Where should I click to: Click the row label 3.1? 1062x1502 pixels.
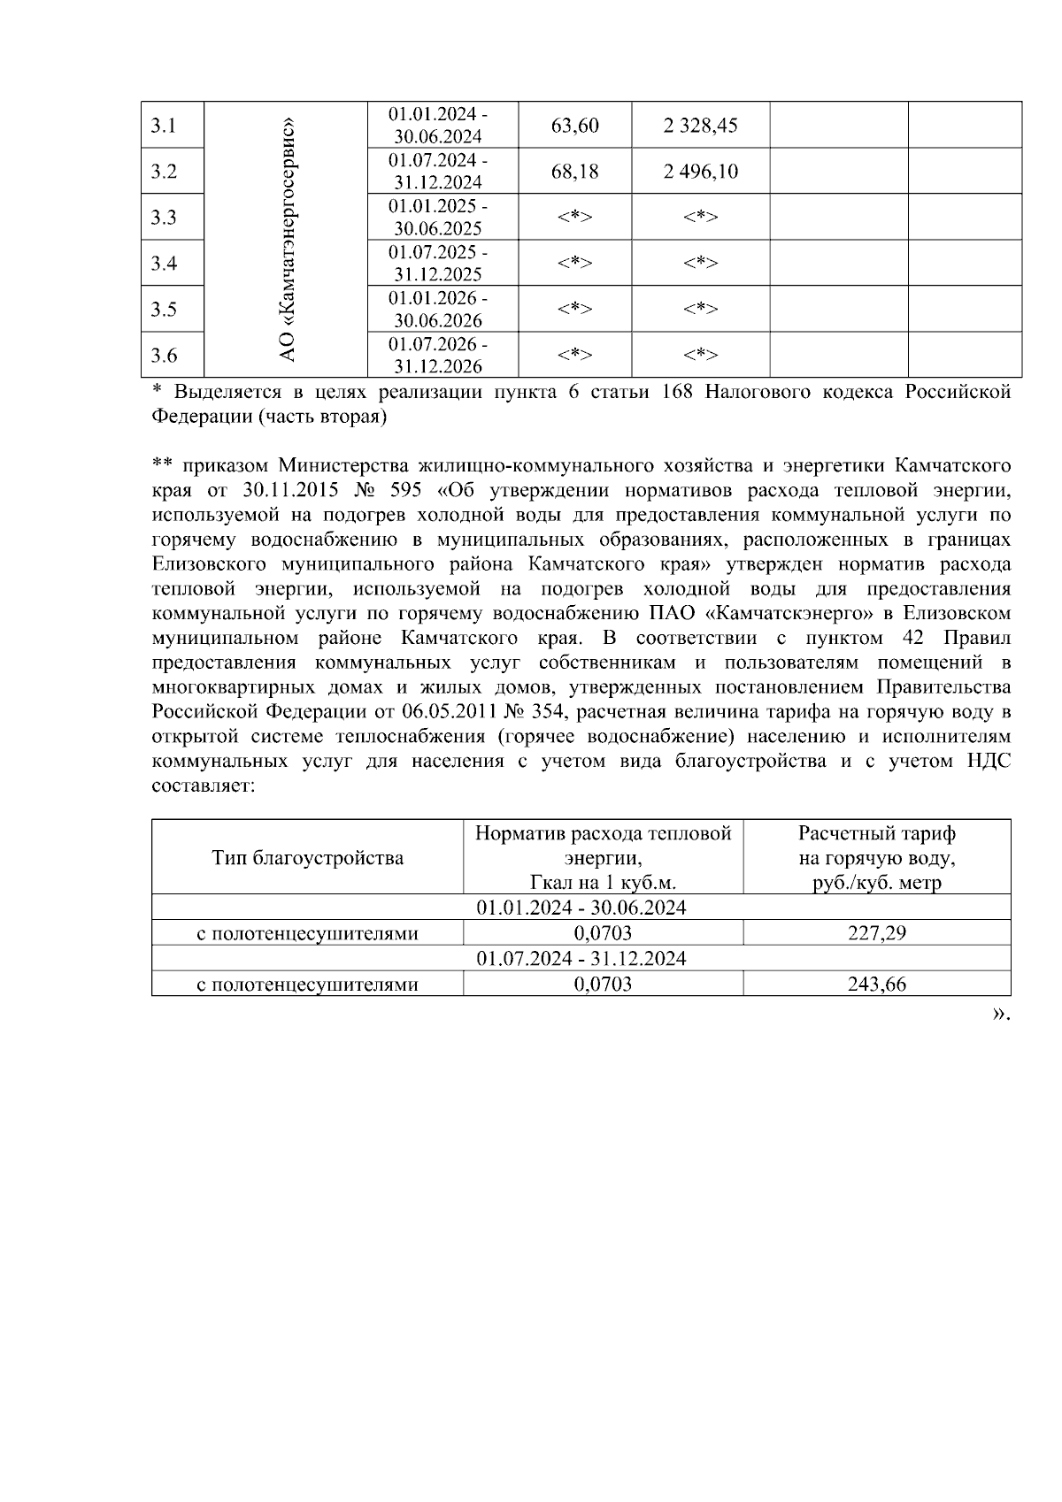pos(163,126)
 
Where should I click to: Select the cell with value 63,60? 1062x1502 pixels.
pos(574,126)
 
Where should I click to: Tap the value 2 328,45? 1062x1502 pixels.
pos(700,126)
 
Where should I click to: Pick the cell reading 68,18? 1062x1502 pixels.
pos(574,172)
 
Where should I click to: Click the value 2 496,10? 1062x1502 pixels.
pos(700,172)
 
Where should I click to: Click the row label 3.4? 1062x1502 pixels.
pos(163,264)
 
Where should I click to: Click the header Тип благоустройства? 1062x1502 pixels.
pos(307,857)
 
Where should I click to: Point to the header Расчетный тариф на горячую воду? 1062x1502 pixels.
pos(876,857)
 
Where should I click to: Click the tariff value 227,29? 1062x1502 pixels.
pos(876,932)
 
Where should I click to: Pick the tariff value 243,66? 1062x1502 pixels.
pos(876,984)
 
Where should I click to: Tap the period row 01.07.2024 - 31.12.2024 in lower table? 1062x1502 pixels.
pos(581,958)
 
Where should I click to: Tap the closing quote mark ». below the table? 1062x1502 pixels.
pos(1001,1014)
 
